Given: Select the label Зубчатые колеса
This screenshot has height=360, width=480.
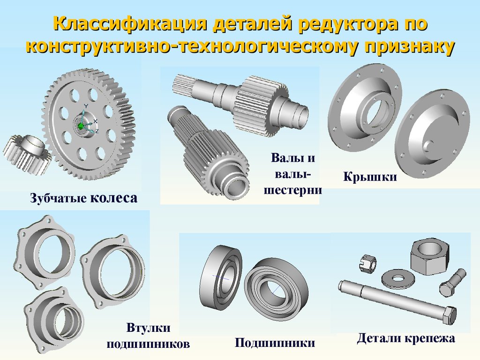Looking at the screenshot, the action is [83, 198].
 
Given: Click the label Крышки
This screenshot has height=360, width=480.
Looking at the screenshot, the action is [370, 177].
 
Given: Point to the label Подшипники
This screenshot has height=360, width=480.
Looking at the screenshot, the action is [275, 343].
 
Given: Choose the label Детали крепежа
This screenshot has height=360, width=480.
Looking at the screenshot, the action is [406, 338].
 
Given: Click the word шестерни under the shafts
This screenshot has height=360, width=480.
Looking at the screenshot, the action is [293, 190].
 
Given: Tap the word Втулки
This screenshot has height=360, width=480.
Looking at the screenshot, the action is [148, 328].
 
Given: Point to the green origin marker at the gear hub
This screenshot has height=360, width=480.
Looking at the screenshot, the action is [81, 126].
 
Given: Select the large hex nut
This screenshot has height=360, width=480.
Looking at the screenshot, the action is [429, 257].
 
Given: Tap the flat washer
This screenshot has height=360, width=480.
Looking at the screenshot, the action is [398, 278].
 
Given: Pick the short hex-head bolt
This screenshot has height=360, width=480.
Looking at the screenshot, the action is [452, 282].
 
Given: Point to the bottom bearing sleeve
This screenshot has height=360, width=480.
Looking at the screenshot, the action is [54, 320].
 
